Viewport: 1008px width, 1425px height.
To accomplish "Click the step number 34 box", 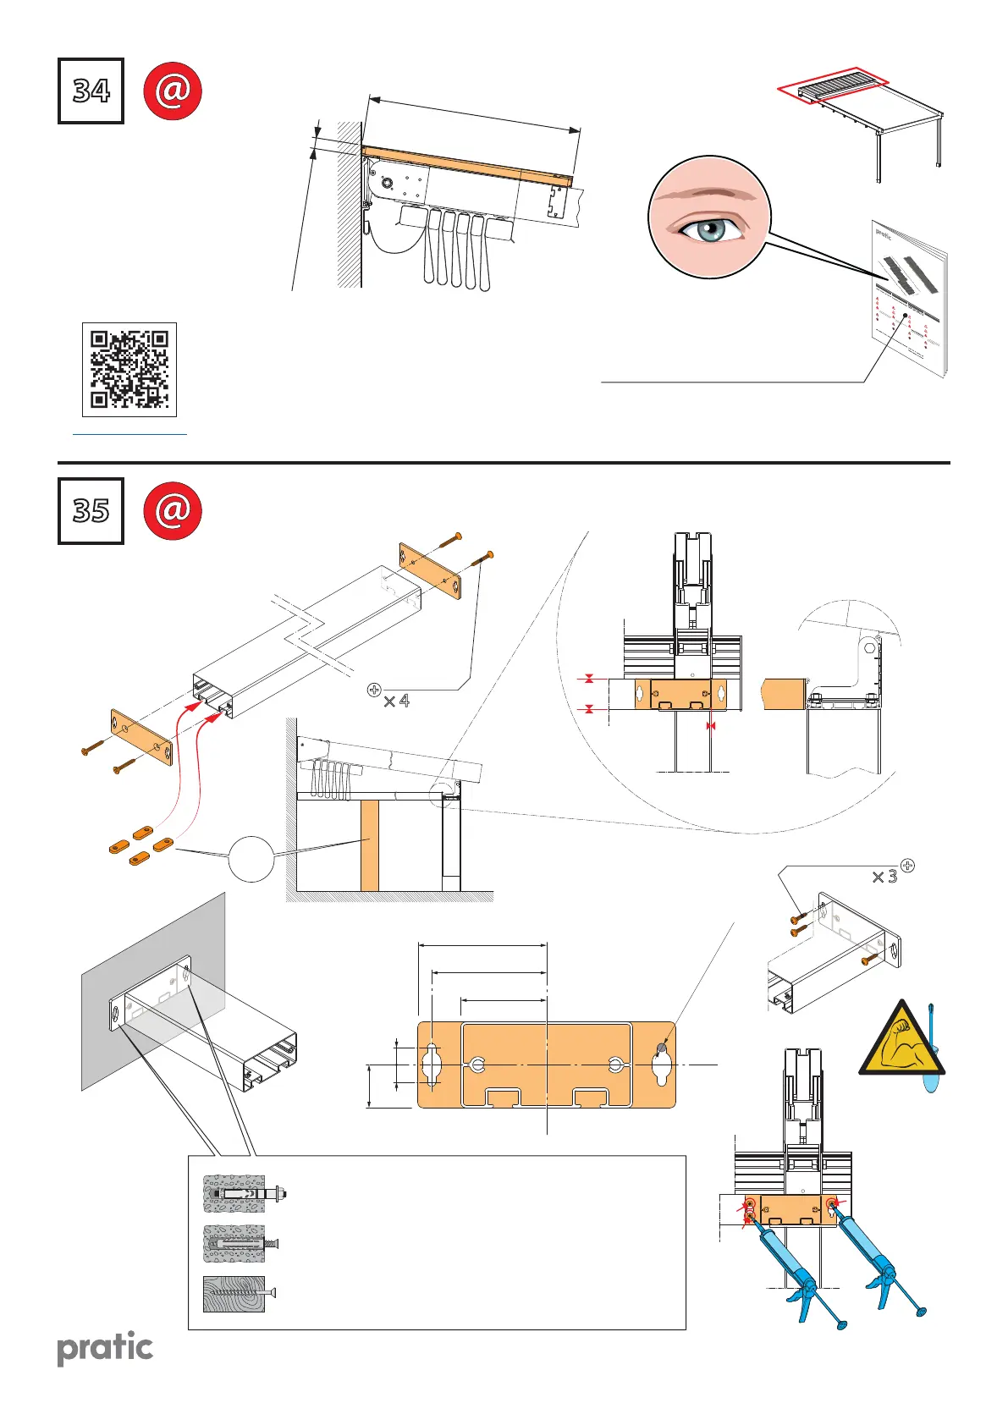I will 91,91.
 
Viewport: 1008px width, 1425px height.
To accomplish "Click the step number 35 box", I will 91,510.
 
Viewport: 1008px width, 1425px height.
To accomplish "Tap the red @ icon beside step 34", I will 173,91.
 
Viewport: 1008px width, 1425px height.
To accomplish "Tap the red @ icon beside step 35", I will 173,510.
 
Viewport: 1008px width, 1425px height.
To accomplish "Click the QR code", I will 129,369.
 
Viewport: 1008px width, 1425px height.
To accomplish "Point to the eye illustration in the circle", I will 709,217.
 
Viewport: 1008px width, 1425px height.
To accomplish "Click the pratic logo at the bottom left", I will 105,1348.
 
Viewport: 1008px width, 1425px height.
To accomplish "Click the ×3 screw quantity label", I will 884,877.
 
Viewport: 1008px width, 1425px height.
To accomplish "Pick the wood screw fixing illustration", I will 235,1294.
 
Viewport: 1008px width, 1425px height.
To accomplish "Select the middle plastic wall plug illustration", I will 237,1244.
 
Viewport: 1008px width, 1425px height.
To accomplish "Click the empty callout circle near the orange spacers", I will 251,859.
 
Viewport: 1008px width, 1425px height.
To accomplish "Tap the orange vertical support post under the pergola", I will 369,845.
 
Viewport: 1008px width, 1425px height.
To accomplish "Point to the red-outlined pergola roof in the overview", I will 833,85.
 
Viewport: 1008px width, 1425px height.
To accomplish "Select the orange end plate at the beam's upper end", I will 430,571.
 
